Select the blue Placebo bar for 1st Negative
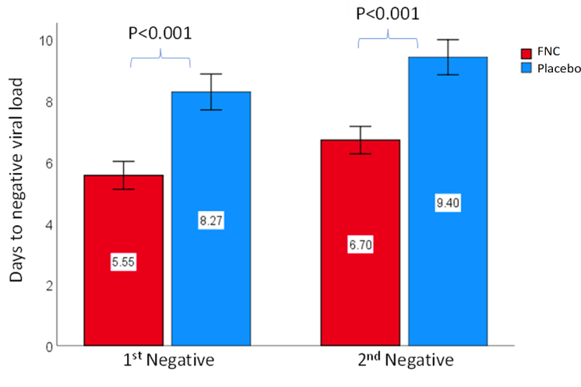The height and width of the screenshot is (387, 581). click(211, 280)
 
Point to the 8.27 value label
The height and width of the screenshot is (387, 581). click(211, 222)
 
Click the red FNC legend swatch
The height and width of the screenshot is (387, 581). click(526, 53)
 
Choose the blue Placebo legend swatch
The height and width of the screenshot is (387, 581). click(526, 69)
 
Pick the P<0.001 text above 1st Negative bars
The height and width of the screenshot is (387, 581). click(160, 33)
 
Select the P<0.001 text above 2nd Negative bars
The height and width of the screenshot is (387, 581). click(387, 13)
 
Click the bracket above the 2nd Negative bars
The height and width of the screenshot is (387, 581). click(388, 40)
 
